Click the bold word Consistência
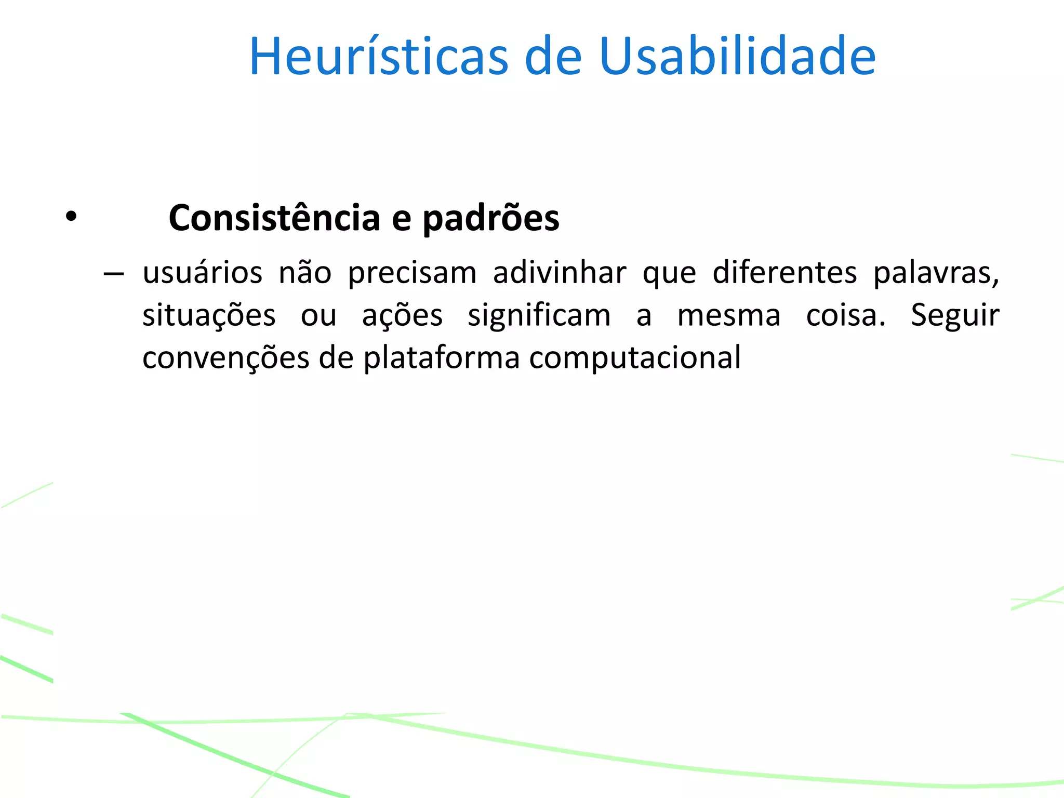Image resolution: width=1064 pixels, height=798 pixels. click(x=274, y=218)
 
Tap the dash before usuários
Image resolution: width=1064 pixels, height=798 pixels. click(x=113, y=273)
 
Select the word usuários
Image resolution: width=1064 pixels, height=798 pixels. click(x=203, y=273)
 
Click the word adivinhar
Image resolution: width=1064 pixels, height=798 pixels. click(x=560, y=273)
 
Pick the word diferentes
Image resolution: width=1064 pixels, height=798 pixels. click(x=784, y=273)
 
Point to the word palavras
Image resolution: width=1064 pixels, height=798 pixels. click(x=935, y=273)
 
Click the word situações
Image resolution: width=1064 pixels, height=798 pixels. click(x=209, y=316)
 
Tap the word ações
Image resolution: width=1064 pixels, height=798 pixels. click(x=402, y=316)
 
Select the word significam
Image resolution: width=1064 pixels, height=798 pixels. click(x=539, y=316)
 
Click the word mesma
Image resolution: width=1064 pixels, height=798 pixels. click(x=728, y=316)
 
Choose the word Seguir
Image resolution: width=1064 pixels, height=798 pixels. click(x=955, y=316)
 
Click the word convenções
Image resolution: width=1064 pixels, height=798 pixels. click(x=226, y=358)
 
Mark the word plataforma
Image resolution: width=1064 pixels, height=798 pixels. click(x=441, y=358)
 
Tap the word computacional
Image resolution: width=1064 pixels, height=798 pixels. click(x=635, y=358)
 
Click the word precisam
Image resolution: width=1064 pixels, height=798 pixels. click(x=412, y=273)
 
